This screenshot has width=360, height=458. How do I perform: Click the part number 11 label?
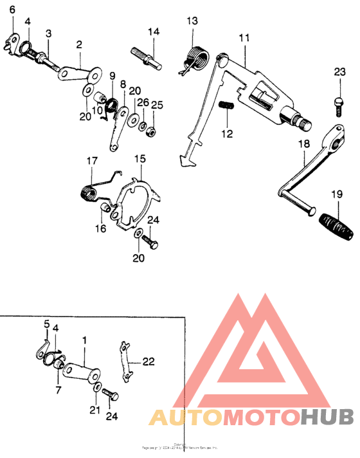click(243, 38)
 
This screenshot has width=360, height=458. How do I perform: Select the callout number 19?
click(336, 194)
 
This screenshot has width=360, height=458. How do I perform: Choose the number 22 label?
click(148, 362)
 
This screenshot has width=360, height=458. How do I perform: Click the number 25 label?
click(157, 105)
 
